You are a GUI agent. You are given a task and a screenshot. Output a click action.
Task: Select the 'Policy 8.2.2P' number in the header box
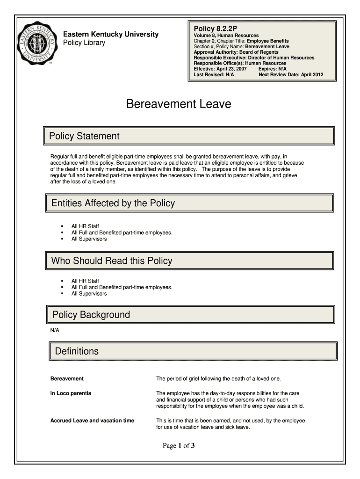(216, 28)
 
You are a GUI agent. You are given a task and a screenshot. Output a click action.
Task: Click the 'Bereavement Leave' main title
(179, 104)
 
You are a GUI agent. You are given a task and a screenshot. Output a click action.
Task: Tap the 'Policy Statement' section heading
(85, 136)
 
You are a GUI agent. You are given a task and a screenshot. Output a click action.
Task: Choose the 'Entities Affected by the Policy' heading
(113, 203)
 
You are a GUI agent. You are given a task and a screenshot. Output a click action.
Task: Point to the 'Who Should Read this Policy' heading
(111, 261)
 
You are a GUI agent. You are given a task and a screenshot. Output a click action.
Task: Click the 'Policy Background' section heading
(91, 315)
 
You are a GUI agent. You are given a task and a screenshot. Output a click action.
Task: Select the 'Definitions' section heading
(77, 351)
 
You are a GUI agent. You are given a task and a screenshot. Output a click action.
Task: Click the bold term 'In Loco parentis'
(71, 393)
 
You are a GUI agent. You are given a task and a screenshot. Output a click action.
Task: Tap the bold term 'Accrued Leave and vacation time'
(92, 421)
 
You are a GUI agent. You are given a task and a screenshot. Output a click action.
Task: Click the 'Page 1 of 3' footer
(179, 446)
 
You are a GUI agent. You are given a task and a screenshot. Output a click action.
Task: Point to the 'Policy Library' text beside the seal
(84, 43)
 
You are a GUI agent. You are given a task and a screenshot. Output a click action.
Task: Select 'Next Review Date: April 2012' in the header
(290, 74)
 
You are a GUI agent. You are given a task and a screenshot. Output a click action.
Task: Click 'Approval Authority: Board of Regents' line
(236, 52)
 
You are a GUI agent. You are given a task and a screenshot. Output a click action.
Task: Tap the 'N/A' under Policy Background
(55, 330)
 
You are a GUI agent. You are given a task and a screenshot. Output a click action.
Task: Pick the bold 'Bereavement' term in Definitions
(67, 378)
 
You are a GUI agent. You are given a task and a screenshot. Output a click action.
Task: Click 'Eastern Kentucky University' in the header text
(111, 34)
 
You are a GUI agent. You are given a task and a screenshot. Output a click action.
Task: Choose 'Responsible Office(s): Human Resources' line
(240, 63)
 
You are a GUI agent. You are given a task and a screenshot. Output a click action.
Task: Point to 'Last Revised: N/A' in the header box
(214, 74)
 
